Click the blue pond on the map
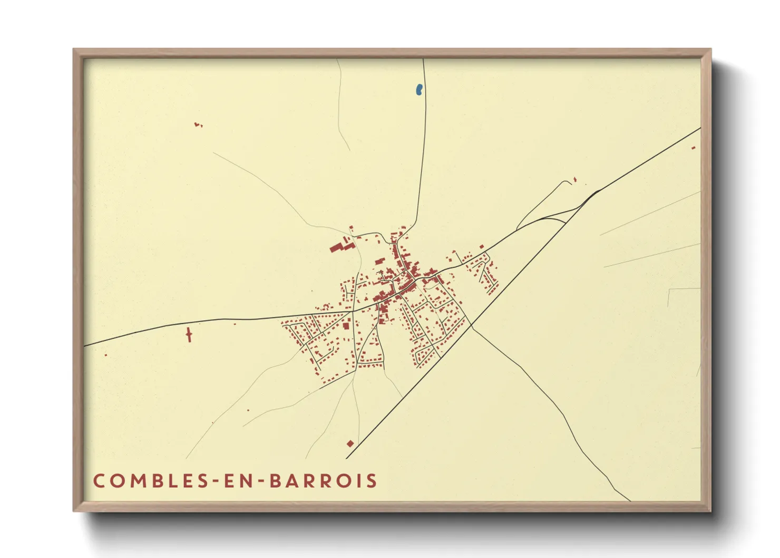point(419,90)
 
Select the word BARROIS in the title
point(323,480)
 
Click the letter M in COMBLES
point(133,480)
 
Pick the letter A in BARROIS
point(294,480)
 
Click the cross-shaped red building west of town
point(189,334)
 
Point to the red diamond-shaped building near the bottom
point(350,444)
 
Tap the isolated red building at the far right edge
point(694,148)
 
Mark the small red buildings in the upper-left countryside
point(198,125)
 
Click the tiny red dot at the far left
point(105,355)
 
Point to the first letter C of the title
point(99,480)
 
